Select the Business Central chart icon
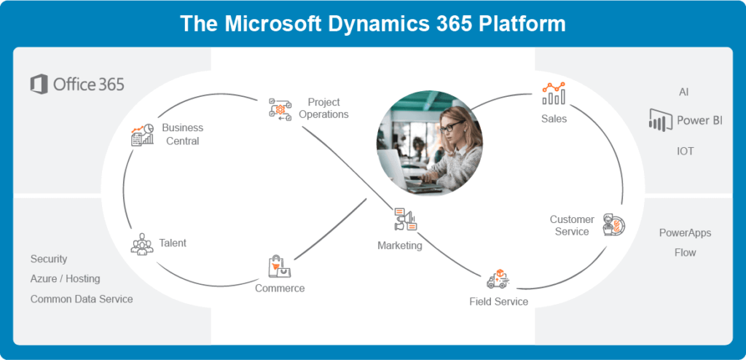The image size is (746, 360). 142,135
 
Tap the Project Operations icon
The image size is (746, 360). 280,109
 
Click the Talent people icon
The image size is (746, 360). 142,244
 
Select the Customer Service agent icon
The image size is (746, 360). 613,225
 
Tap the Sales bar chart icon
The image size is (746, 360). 554,93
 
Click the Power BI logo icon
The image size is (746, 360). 660,120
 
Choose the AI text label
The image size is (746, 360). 683,92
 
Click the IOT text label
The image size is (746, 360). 685,151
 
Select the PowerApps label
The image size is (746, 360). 685,233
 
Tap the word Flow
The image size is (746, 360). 685,252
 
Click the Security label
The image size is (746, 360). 49,259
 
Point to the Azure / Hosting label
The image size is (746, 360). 66,278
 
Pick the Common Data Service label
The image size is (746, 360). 82,299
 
